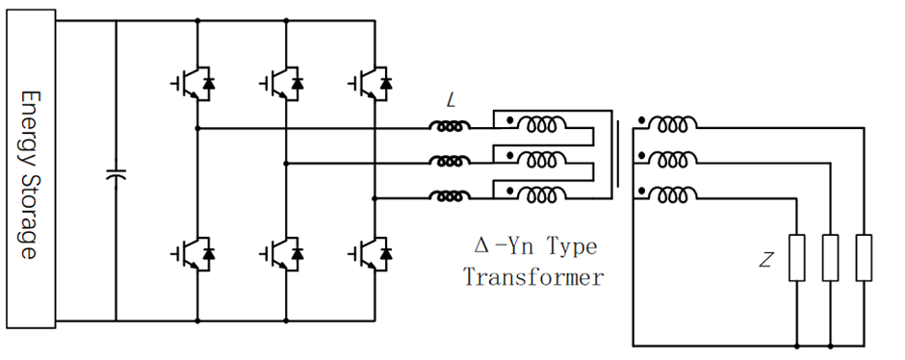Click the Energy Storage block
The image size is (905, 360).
31,168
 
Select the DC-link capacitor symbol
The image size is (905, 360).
116,173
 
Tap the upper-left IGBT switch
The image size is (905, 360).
194,84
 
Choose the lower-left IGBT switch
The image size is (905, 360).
194,253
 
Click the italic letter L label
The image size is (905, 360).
451,101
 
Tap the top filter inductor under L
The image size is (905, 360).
450,126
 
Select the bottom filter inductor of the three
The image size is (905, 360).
450,196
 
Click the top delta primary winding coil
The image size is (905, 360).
541,123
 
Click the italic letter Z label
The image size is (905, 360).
765,261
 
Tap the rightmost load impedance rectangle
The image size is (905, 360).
864,257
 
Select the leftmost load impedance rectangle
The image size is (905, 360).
797,257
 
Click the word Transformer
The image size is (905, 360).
533,277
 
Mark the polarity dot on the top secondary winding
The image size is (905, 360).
641,120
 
